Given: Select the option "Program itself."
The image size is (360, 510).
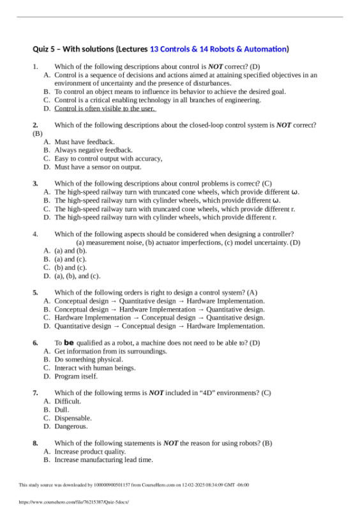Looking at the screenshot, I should [x=76, y=377].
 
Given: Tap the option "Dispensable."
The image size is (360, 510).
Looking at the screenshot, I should [x=73, y=418].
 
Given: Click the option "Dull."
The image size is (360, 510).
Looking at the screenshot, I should [x=63, y=410].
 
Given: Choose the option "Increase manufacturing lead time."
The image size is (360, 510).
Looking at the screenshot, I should [x=103, y=460].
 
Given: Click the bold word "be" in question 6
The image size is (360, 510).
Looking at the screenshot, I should [x=70, y=343].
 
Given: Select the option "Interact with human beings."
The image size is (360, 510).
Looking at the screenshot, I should [x=95, y=368].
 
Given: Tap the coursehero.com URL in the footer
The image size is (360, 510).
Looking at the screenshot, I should [x=74, y=502].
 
